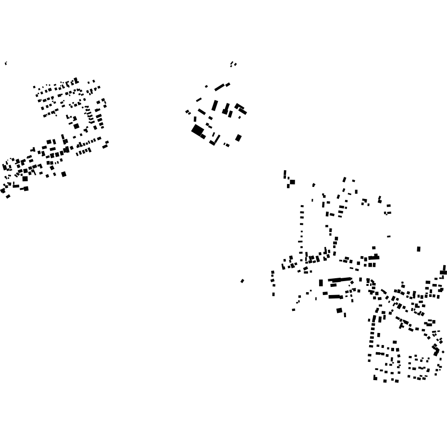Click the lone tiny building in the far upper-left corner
6,63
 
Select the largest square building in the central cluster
197,130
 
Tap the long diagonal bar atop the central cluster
220,87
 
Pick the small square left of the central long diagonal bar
207,86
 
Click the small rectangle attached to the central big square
203,136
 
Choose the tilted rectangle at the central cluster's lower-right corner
238,138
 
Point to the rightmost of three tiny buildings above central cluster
236,64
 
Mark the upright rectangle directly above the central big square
195,119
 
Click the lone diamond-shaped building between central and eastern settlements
242,281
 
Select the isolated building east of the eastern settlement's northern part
419,249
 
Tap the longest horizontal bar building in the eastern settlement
340,279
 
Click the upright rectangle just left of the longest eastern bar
321,283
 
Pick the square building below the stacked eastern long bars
339,310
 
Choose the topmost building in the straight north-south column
302,206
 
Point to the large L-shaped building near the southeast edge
436,350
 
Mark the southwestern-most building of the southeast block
375,378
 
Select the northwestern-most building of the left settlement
34,87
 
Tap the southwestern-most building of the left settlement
8,196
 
